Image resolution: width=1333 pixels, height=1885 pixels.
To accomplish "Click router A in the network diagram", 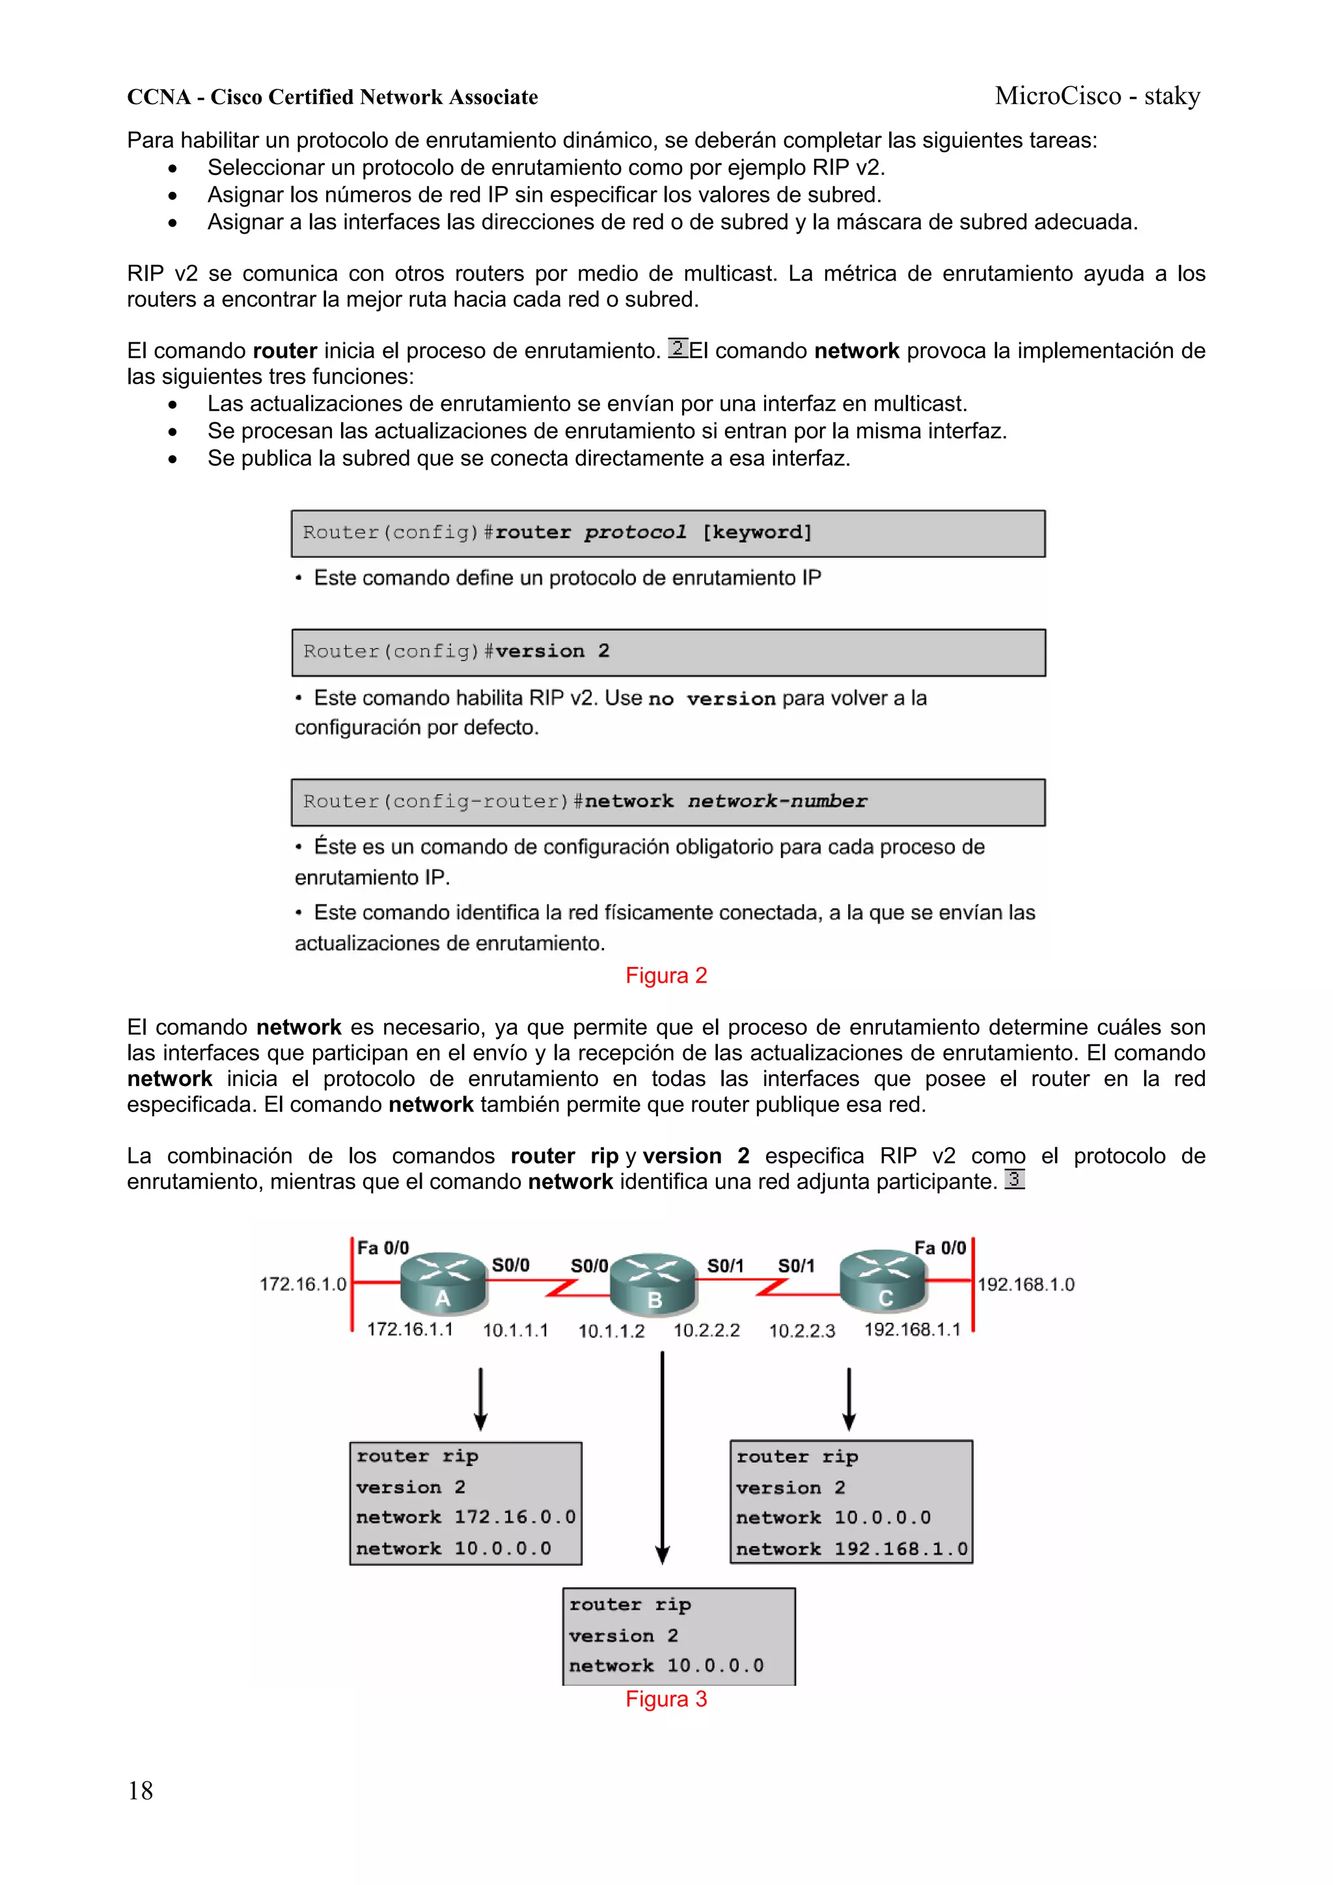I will click(443, 1282).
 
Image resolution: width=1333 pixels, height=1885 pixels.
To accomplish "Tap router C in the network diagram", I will click(883, 1282).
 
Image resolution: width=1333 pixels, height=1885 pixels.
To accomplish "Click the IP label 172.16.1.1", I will click(410, 1329).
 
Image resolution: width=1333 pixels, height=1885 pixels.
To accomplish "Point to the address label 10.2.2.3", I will click(802, 1331).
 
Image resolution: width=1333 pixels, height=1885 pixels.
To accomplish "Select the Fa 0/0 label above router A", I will click(383, 1248).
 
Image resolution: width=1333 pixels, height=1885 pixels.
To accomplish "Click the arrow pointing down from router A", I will click(480, 1399).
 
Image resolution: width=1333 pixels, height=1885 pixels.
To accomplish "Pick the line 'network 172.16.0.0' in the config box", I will click(465, 1517).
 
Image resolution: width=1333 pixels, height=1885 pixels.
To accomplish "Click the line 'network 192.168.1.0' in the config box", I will click(852, 1549).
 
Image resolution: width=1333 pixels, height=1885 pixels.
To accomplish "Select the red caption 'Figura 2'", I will click(666, 975).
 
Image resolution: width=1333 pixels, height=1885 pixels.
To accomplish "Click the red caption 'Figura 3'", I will click(666, 1700).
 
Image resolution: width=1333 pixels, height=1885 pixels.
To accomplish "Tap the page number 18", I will click(141, 1791).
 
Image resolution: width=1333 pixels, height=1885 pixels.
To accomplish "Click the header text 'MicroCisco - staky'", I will click(1097, 96).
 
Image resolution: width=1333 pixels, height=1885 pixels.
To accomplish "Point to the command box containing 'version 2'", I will click(668, 653).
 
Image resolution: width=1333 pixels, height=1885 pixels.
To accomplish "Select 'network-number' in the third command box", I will click(777, 801).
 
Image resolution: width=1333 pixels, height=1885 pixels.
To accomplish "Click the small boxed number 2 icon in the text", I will click(678, 348).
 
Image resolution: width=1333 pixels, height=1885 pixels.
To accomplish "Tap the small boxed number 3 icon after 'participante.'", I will click(1014, 1180).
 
